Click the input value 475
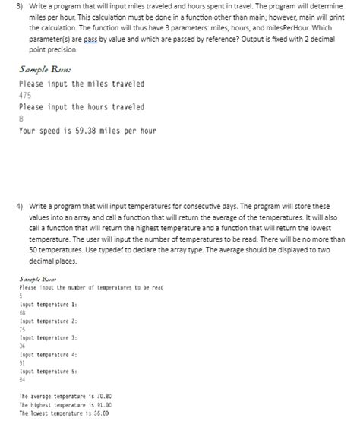coord(25,96)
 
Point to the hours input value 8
coord(21,119)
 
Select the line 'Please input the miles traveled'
coord(81,84)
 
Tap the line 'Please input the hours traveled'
coord(81,108)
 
